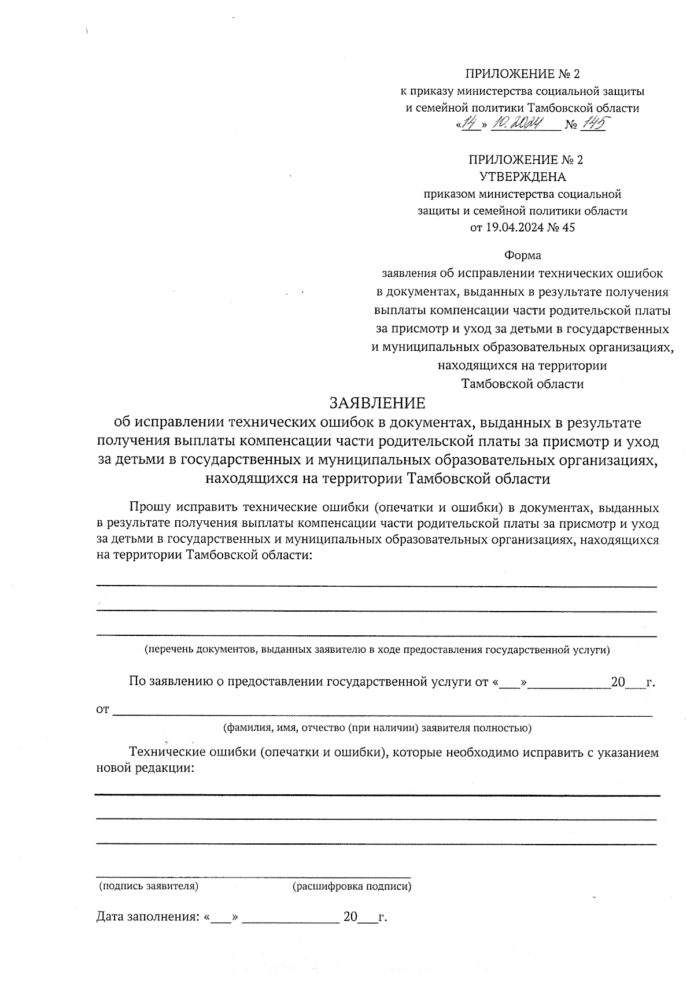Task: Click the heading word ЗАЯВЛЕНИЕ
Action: (x=377, y=402)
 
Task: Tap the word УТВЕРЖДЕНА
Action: (x=522, y=177)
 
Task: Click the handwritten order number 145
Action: (x=592, y=124)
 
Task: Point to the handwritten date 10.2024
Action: (x=517, y=124)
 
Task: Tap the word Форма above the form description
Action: (x=522, y=255)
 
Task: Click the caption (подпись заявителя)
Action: (x=148, y=886)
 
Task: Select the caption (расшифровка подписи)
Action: (x=352, y=886)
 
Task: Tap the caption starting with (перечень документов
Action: (x=377, y=649)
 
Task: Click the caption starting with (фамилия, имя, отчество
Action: (x=377, y=728)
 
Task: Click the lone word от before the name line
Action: (x=102, y=710)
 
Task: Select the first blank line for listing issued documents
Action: (x=376, y=585)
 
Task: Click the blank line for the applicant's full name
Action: (x=382, y=715)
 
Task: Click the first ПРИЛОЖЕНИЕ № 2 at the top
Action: (x=522, y=74)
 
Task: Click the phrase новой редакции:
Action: (x=145, y=768)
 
